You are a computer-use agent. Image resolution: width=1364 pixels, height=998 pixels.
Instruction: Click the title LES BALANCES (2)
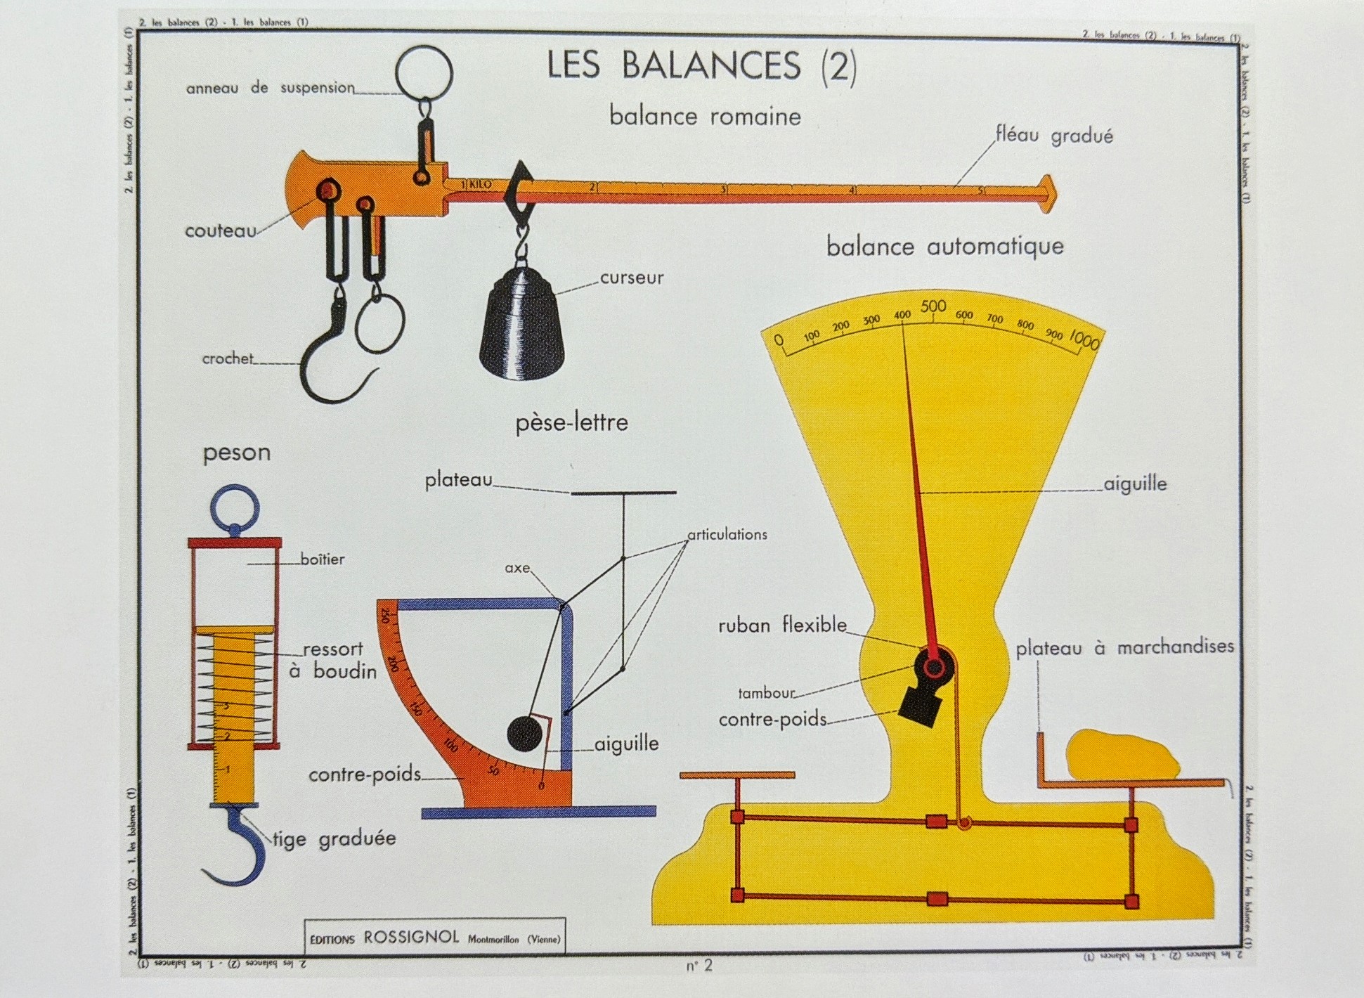pos(702,65)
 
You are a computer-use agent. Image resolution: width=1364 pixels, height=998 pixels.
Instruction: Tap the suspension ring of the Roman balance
pos(424,72)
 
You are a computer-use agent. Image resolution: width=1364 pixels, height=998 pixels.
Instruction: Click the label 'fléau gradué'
pos(1054,135)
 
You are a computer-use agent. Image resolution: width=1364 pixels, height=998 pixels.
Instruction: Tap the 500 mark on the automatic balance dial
pos(933,306)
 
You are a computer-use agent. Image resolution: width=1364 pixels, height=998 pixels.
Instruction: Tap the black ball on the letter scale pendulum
pos(524,734)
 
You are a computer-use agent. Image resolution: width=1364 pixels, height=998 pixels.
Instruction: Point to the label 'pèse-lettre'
pos(571,423)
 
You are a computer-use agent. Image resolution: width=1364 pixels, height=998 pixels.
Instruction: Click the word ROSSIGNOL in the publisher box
pos(411,937)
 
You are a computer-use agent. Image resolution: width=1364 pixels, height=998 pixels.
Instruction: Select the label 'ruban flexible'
pos(782,626)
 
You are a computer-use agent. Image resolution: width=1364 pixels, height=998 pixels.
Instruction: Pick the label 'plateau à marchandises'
pos(1124,647)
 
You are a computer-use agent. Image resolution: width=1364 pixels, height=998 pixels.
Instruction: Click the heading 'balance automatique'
pos(944,247)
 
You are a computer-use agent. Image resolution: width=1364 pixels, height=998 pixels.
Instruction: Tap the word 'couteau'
pos(220,231)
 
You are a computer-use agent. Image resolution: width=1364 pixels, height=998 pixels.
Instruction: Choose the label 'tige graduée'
pos(334,838)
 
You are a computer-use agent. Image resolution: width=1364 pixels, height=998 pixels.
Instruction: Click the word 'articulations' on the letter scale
pos(727,535)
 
